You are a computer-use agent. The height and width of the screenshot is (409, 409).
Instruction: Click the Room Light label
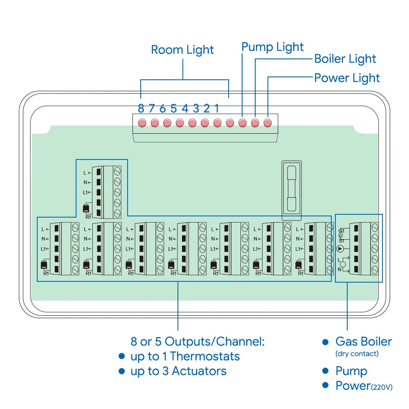pyautogui.click(x=182, y=50)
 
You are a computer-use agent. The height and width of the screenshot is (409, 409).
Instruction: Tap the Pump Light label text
pyautogui.click(x=272, y=47)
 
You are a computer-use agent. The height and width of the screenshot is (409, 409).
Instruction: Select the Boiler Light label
pyautogui.click(x=345, y=59)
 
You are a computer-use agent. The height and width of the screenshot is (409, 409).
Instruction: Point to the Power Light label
pyautogui.click(x=347, y=78)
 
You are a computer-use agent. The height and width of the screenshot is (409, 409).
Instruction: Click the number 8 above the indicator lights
pyautogui.click(x=141, y=108)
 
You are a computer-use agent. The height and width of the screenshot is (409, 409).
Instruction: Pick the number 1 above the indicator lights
pyautogui.click(x=217, y=108)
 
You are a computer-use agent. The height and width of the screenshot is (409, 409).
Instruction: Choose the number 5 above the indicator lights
pyautogui.click(x=173, y=108)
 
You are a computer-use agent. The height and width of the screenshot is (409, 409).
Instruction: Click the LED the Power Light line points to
pyautogui.click(x=267, y=122)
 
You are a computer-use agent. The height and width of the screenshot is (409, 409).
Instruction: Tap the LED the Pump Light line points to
pyautogui.click(x=243, y=122)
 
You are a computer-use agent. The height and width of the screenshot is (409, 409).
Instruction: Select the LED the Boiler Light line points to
pyautogui.click(x=255, y=122)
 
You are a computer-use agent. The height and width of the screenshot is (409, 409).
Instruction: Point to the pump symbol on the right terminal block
pyautogui.click(x=340, y=248)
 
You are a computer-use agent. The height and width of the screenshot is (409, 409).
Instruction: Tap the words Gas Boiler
pyautogui.click(x=363, y=342)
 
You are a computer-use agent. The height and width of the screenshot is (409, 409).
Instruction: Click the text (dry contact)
pyautogui.click(x=357, y=354)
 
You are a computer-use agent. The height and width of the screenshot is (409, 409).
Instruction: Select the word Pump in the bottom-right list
pyautogui.click(x=351, y=371)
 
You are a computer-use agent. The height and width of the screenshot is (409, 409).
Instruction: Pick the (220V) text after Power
pyautogui.click(x=382, y=387)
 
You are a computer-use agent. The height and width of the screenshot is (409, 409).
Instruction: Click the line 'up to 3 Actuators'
pyautogui.click(x=178, y=371)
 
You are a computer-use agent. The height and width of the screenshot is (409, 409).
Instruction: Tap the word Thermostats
pyautogui.click(x=205, y=356)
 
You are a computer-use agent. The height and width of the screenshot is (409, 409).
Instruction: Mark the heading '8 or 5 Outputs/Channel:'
pyautogui.click(x=197, y=342)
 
